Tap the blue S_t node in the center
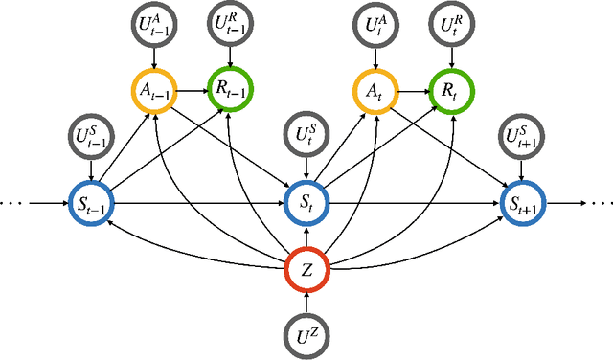[x=306, y=203]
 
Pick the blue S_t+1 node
[x=522, y=203]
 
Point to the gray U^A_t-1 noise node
[x=150, y=25]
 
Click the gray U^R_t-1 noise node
[x=231, y=25]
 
